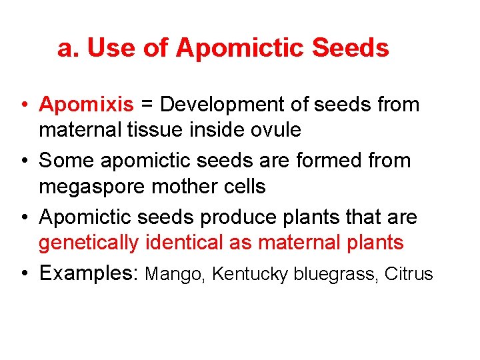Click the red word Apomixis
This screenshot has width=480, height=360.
pos(87,105)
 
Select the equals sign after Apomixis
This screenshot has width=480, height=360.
pos(147,105)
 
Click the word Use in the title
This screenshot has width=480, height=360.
pos(109,48)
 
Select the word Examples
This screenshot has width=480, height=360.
pos(89,273)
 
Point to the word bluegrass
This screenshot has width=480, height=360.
pos(337,274)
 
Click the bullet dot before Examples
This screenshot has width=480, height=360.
pos(24,273)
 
